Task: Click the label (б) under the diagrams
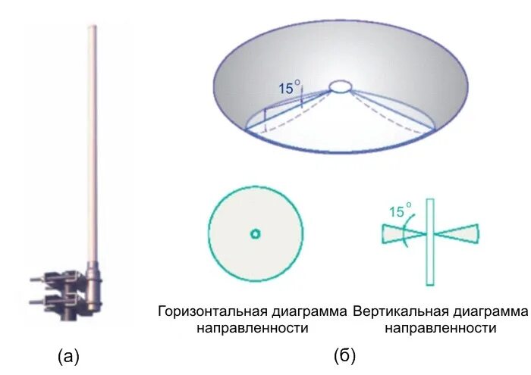344,355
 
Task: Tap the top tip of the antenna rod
93,29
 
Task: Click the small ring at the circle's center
256,234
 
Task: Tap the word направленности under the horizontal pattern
253,328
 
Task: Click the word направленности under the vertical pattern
440,328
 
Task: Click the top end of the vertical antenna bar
430,202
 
